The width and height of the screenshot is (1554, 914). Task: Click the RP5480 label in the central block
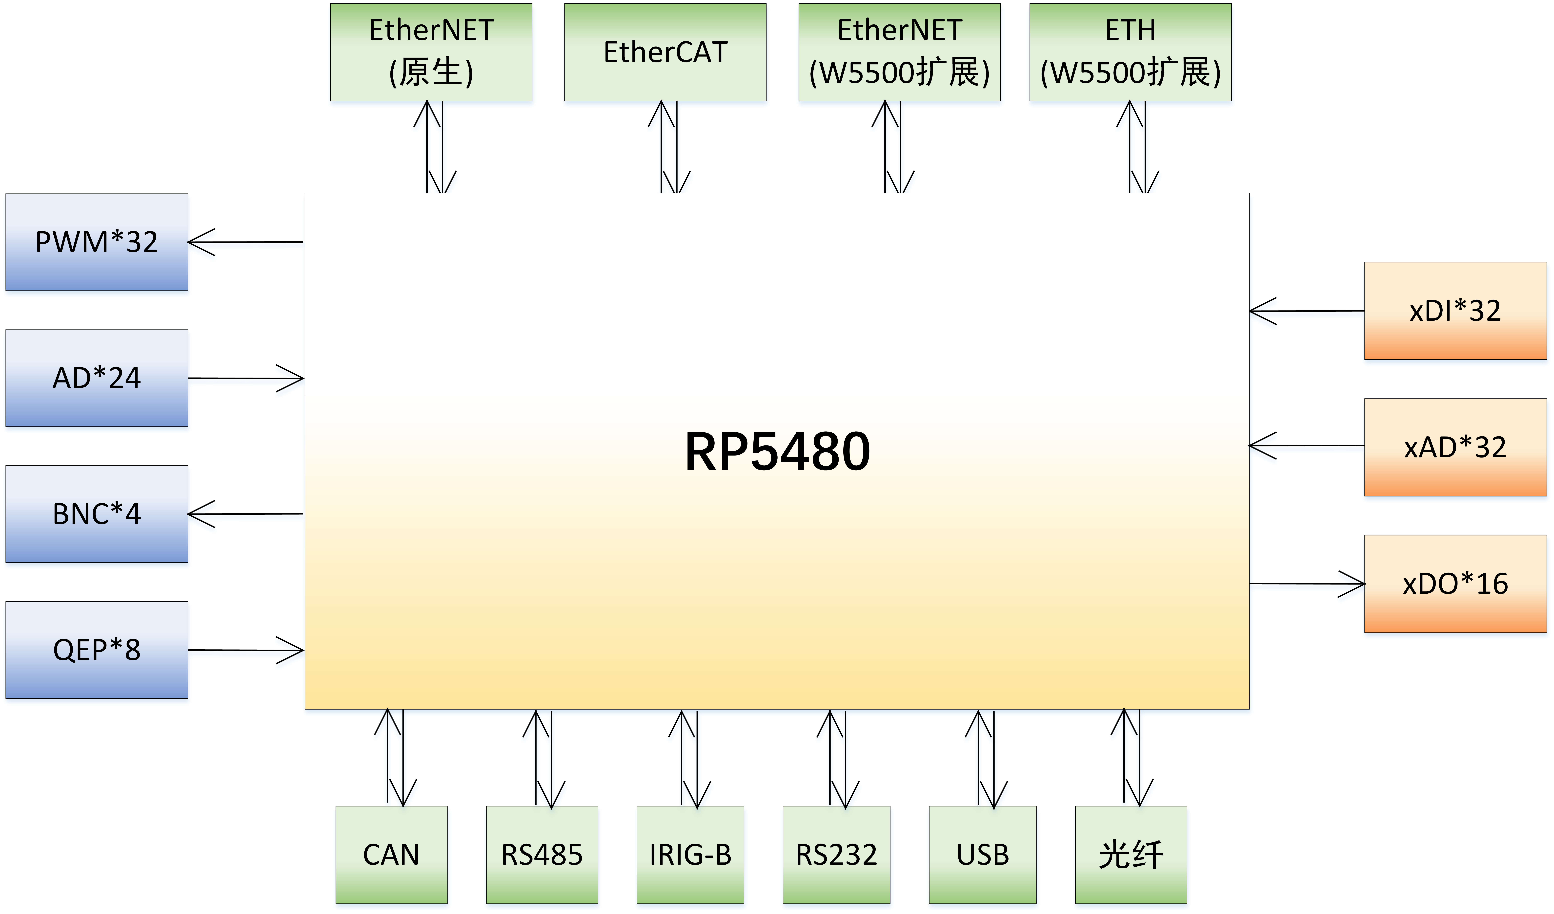[x=777, y=452]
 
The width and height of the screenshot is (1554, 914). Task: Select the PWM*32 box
[x=97, y=242]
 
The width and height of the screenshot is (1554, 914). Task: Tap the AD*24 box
[x=97, y=378]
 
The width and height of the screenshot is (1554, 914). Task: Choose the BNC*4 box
[x=97, y=514]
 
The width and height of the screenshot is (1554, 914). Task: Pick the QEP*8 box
[x=97, y=650]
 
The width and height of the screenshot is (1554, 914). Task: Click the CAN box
[x=391, y=855]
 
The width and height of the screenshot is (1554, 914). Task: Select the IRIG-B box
[x=690, y=855]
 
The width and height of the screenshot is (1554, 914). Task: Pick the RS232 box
[x=836, y=855]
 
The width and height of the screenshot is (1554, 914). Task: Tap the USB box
[x=982, y=855]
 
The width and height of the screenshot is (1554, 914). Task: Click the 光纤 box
[x=1130, y=855]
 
